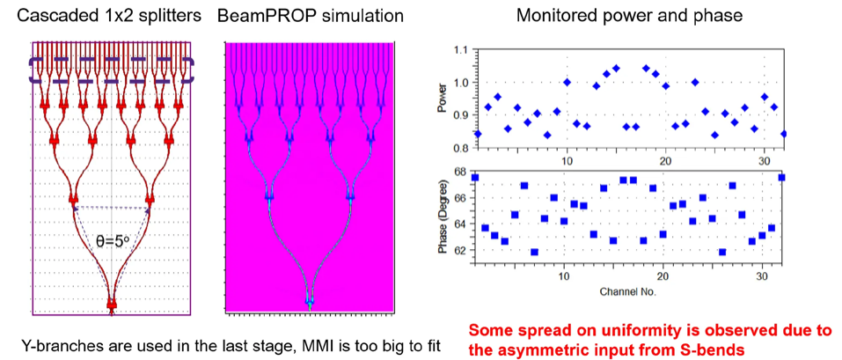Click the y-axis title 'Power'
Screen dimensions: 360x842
(x=443, y=104)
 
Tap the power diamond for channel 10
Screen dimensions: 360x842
(x=567, y=82)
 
